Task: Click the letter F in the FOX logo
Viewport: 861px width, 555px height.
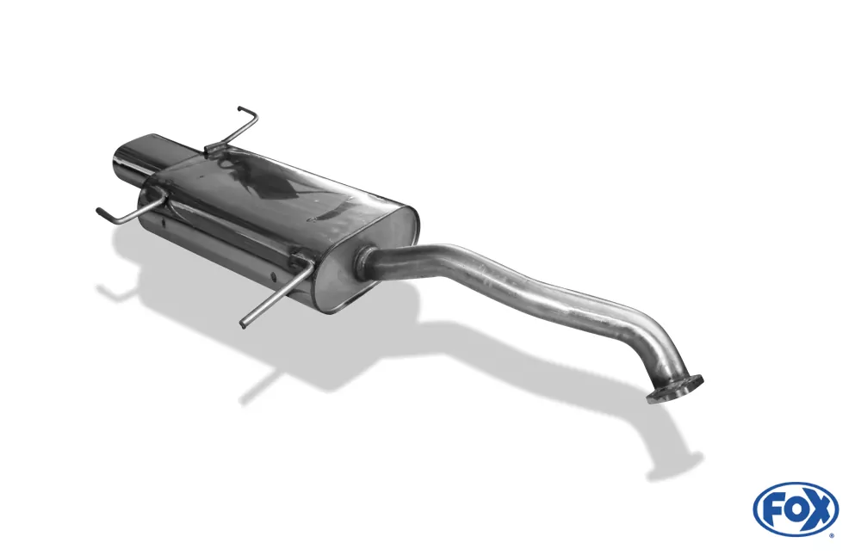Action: click(774, 510)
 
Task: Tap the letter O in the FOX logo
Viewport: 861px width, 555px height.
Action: click(795, 510)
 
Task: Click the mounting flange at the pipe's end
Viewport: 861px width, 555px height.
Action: click(675, 389)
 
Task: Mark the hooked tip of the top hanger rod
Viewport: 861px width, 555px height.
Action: click(247, 112)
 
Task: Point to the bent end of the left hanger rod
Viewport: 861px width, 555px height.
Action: click(105, 214)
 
